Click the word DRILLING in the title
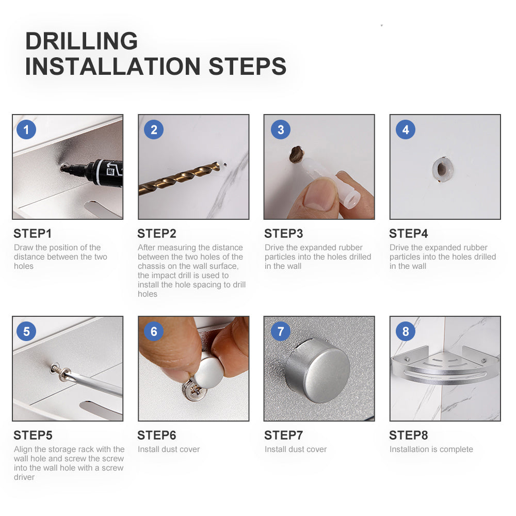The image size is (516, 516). click(x=82, y=41)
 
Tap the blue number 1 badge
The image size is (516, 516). click(x=26, y=130)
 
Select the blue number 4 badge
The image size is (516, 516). click(x=406, y=130)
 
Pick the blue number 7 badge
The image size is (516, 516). click(x=280, y=331)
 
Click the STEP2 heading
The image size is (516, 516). click(x=157, y=234)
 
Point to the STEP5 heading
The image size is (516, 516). click(x=33, y=436)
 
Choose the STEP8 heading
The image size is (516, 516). click(x=408, y=436)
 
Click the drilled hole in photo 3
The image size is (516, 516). click(x=296, y=155)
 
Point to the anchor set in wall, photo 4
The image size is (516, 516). click(x=443, y=169)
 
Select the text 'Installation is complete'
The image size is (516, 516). click(x=431, y=449)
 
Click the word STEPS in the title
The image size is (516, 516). click(x=248, y=67)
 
